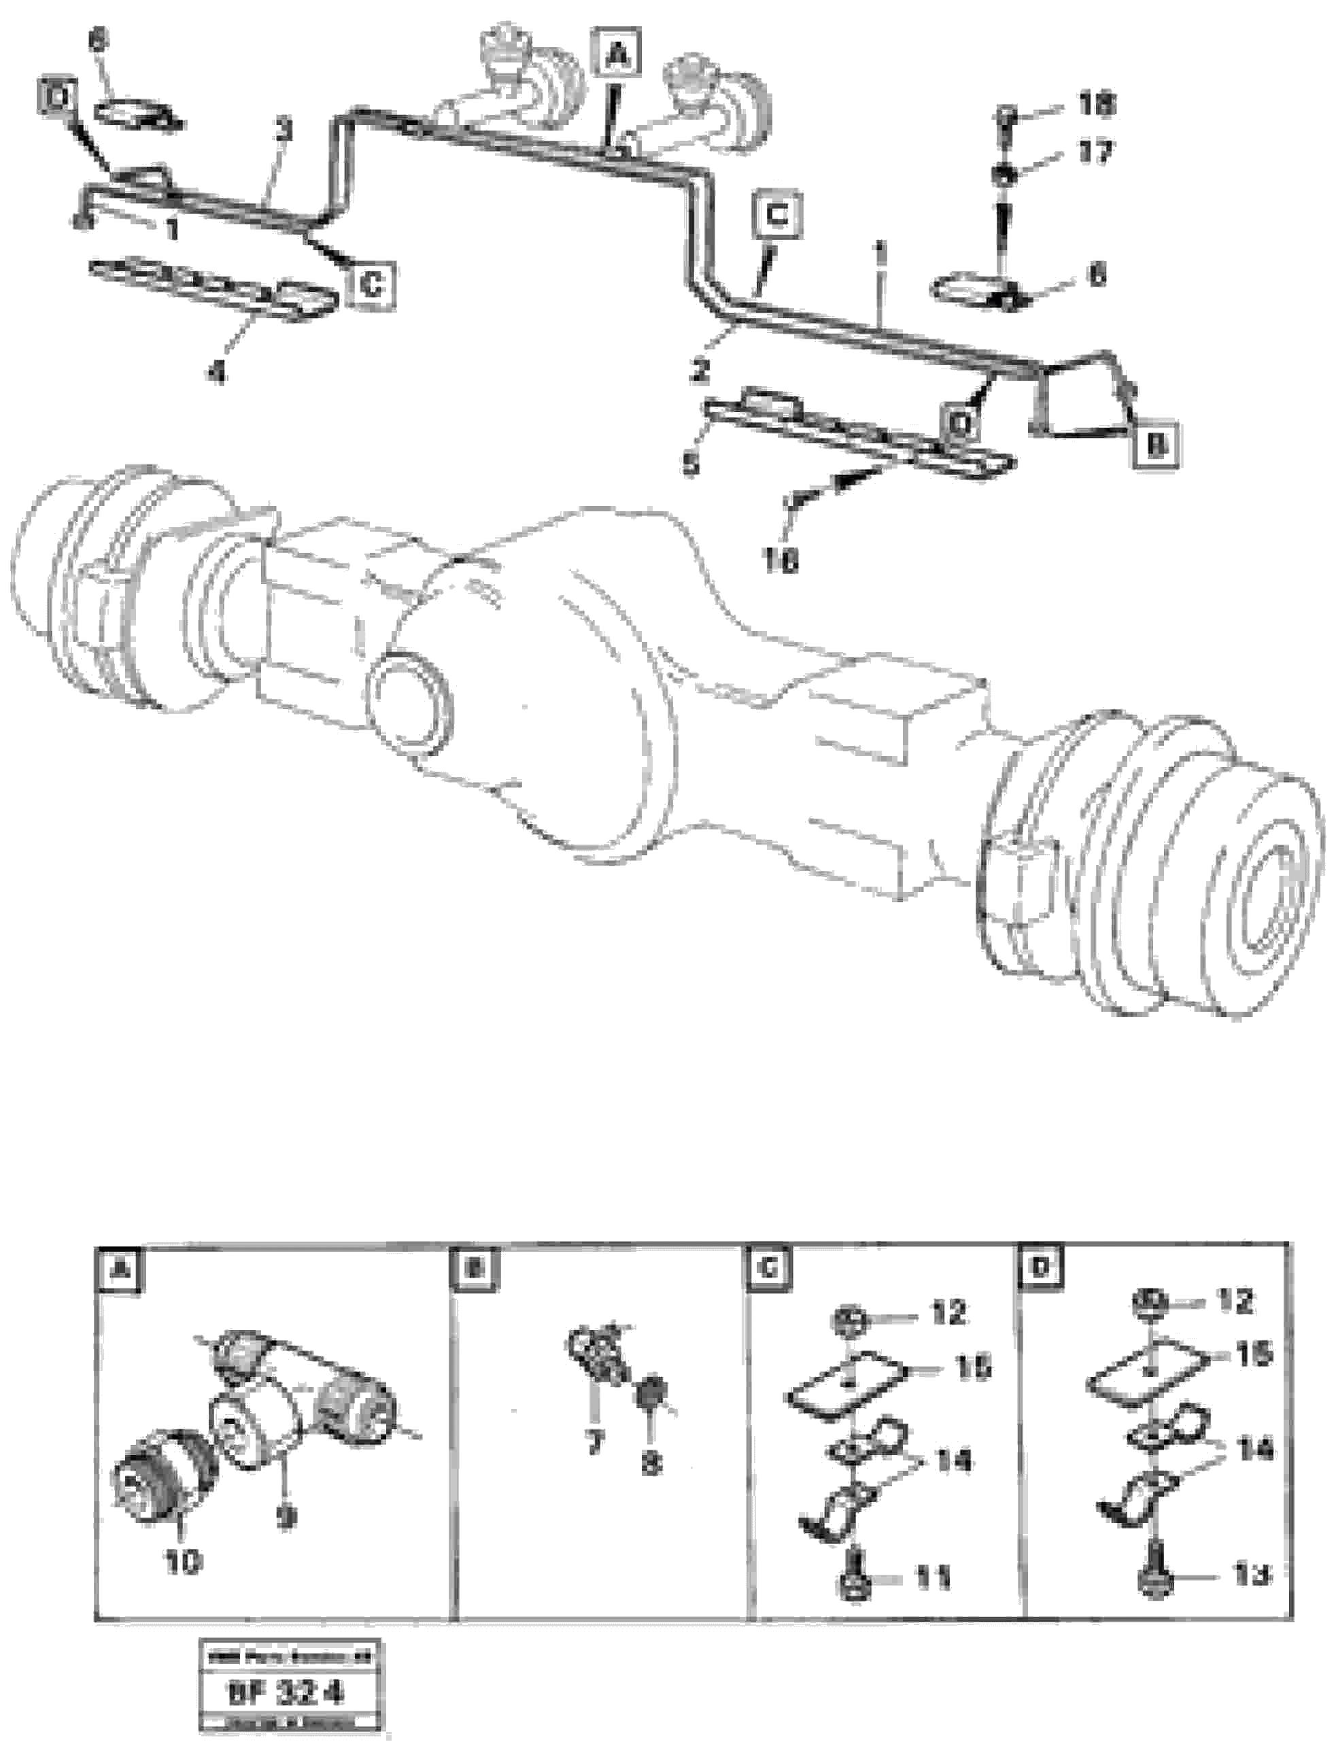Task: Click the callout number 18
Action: click(1097, 104)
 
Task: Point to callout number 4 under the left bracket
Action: click(216, 371)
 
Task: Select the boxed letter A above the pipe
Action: click(618, 56)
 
